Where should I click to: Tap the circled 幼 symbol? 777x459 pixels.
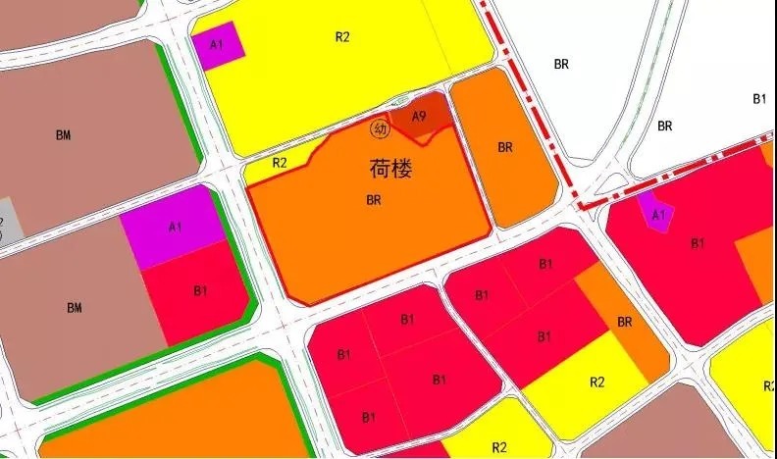coord(378,127)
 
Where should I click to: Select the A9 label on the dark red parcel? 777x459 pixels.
coord(419,118)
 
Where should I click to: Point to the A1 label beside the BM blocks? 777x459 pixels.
coord(176,228)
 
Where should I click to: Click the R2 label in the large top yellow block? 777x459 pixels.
coord(342,37)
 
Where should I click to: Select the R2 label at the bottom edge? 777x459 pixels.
coord(499,447)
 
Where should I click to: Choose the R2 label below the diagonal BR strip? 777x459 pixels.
coord(596,381)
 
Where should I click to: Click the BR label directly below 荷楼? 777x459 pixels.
coord(373,200)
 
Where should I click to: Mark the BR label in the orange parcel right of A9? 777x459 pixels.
coord(505,148)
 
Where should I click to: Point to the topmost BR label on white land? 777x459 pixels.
coord(561,65)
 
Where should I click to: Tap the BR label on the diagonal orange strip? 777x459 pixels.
coord(625,322)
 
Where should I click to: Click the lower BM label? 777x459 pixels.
coord(74,308)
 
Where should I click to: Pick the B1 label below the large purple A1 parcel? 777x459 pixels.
coord(200,291)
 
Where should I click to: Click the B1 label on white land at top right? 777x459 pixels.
coord(759,98)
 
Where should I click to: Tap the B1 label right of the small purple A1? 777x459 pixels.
coord(698,243)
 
